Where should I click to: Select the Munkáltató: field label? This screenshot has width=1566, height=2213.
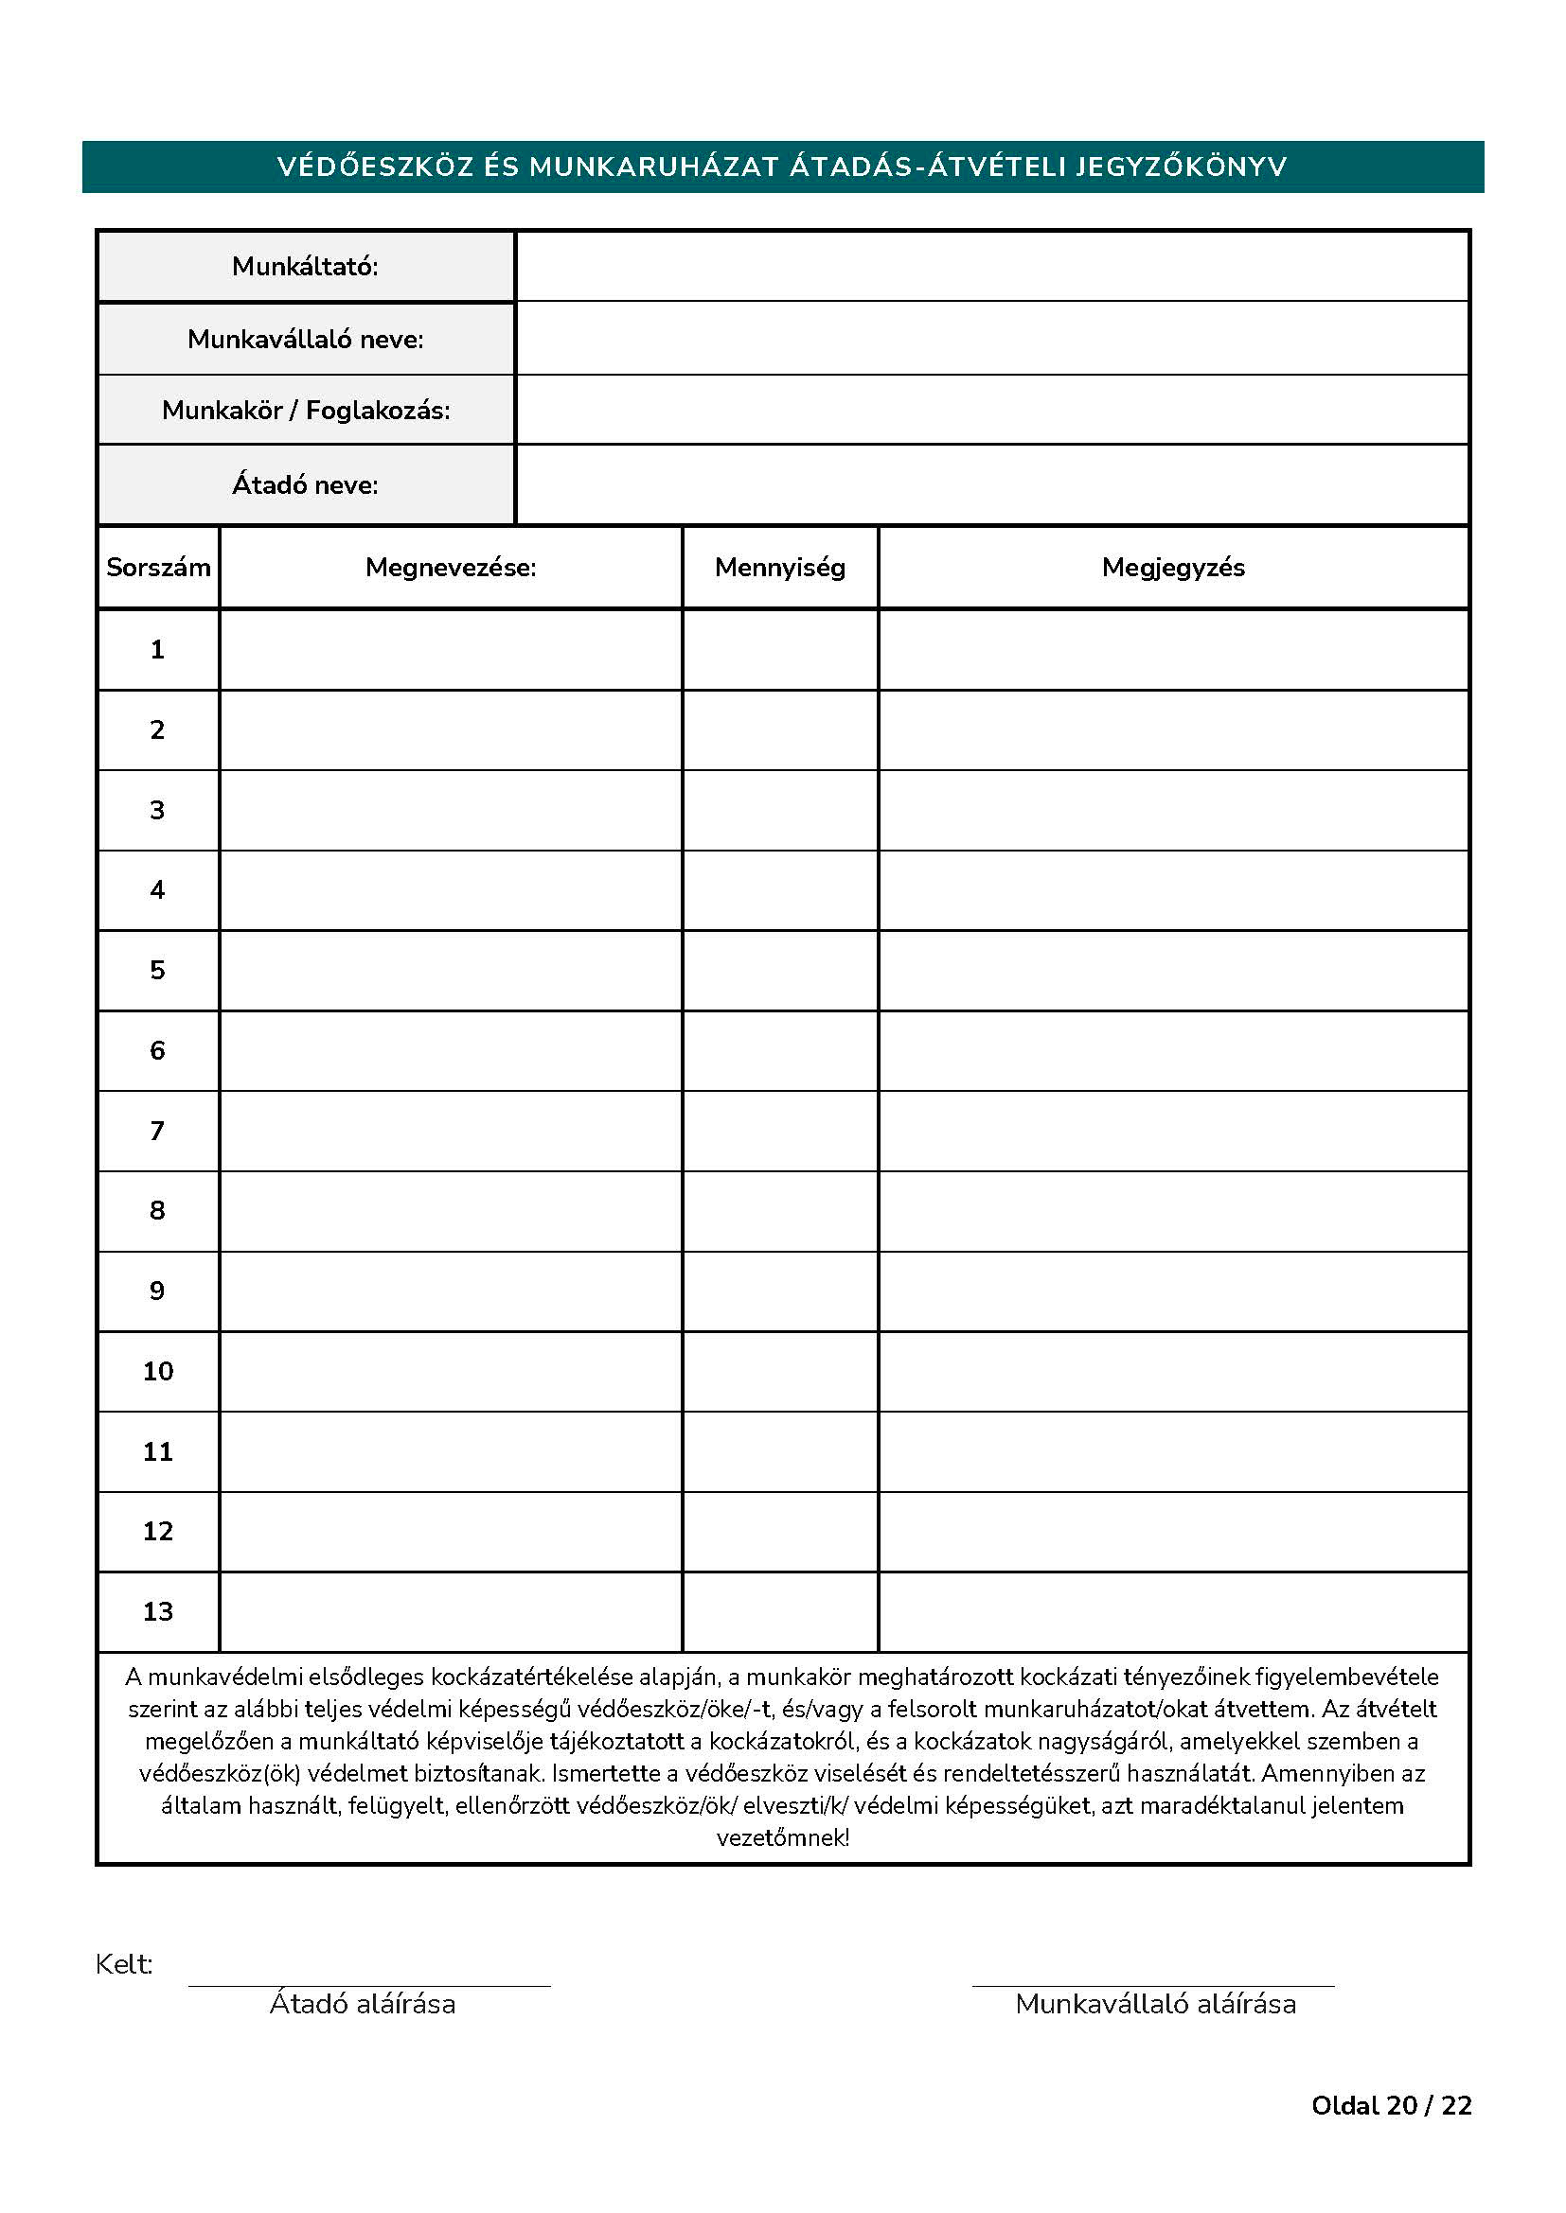click(305, 266)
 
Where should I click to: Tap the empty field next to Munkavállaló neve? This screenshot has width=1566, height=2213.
click(991, 339)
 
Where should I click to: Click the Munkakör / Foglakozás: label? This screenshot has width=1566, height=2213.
click(306, 411)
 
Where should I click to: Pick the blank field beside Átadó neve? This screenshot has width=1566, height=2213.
click(991, 484)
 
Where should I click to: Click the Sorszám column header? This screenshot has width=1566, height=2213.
click(158, 568)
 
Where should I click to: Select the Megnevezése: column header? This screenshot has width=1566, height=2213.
click(451, 568)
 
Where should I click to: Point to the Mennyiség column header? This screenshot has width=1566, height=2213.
click(779, 568)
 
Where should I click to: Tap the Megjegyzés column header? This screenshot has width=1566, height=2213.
click(1172, 568)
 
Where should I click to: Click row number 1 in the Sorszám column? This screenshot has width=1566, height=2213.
click(157, 650)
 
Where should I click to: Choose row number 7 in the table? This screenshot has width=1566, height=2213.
click(157, 1131)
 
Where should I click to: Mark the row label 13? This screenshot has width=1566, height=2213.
click(157, 1611)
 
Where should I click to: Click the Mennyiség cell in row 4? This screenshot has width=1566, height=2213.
click(779, 889)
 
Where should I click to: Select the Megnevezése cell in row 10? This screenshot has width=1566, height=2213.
click(451, 1372)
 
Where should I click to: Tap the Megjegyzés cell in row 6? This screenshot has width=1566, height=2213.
click(1172, 1050)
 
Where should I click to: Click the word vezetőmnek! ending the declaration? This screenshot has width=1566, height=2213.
click(782, 1838)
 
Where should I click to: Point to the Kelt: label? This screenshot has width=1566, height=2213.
click(123, 1964)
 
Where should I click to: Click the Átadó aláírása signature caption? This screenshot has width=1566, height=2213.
click(363, 2004)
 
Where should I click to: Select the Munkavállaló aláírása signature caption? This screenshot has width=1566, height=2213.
click(1155, 2004)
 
